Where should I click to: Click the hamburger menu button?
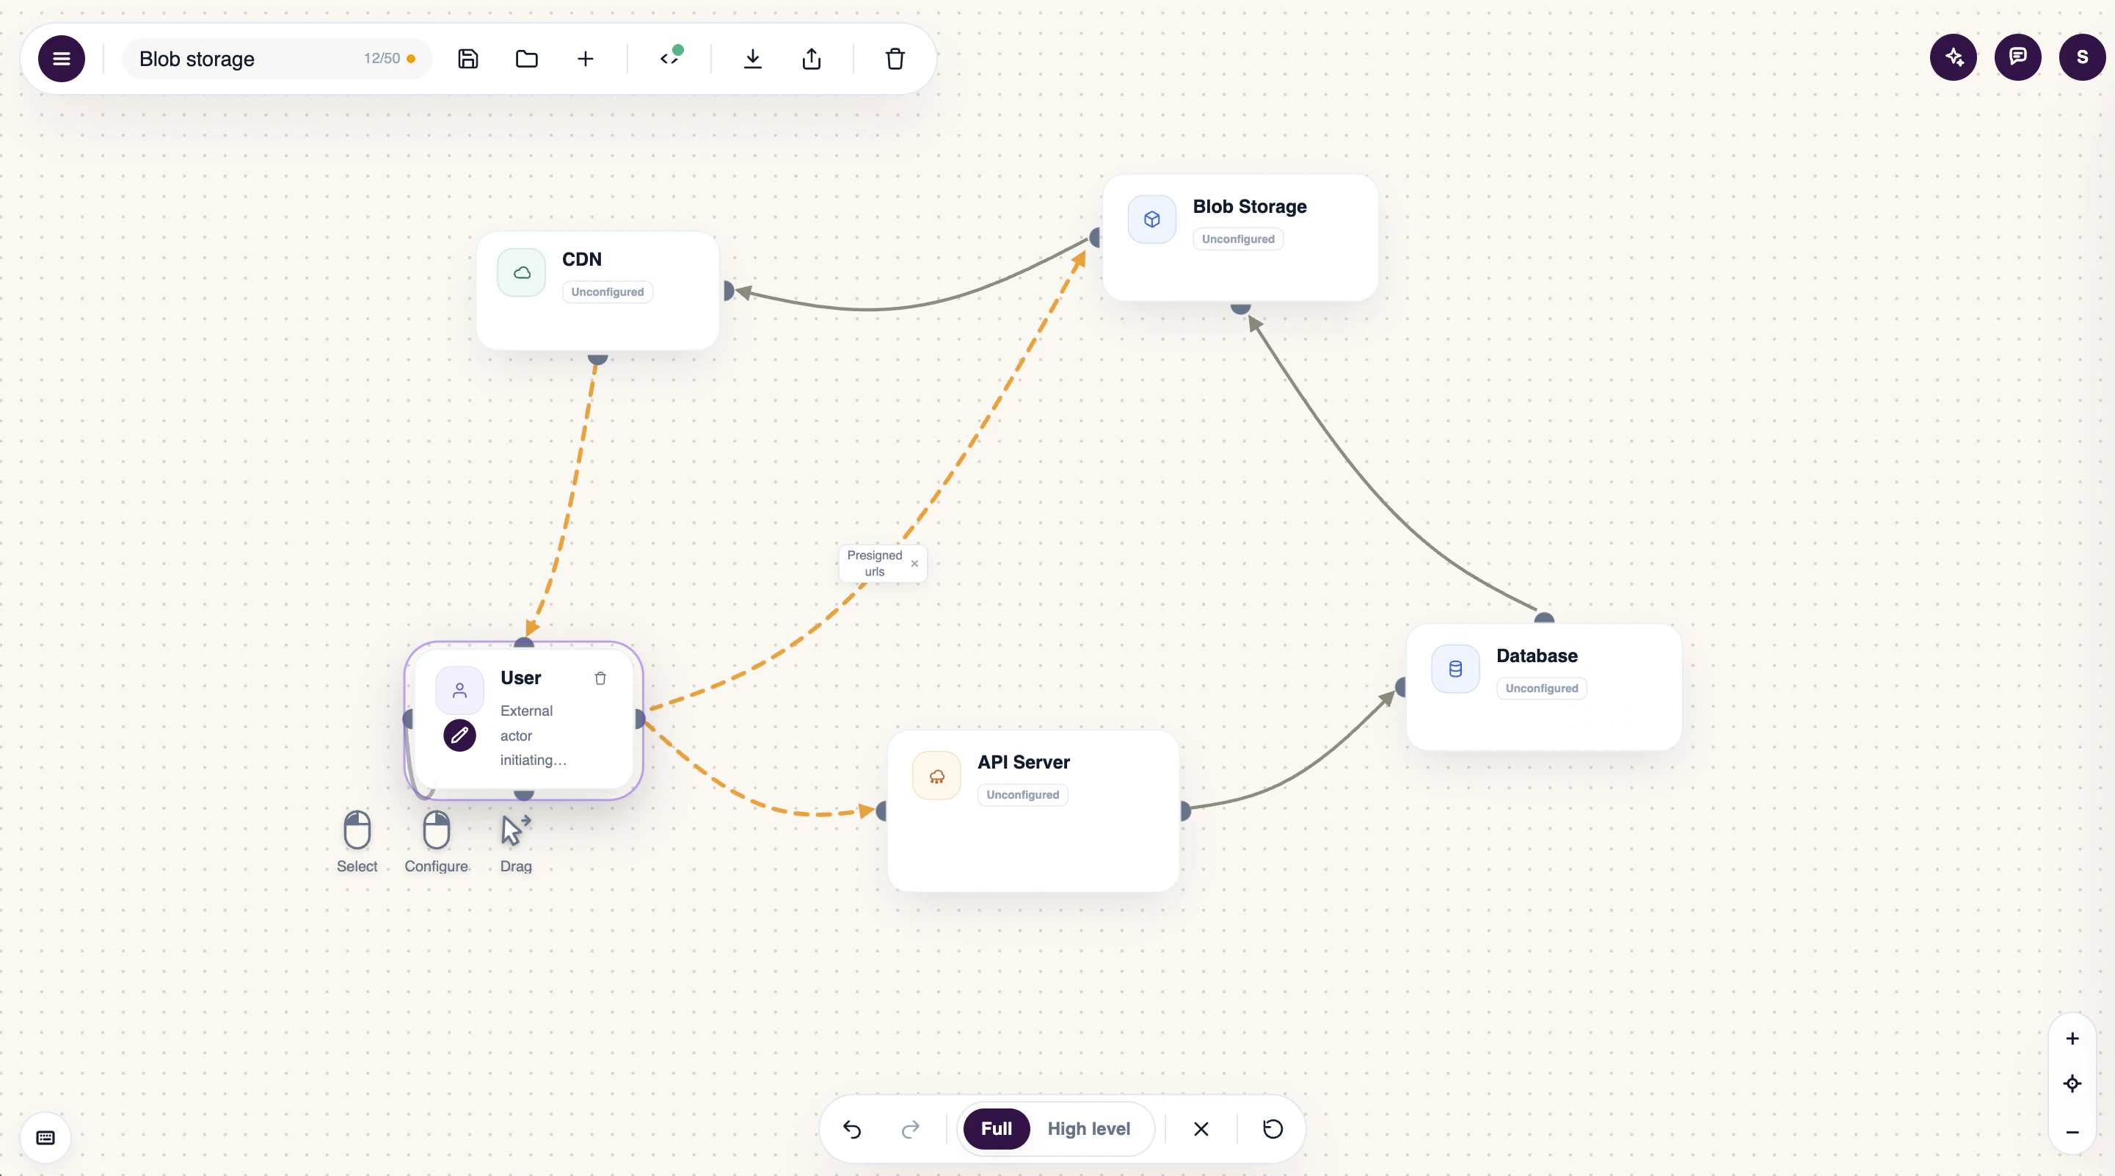[x=62, y=58]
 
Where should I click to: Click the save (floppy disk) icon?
[x=468, y=58]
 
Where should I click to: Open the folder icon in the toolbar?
[x=526, y=58]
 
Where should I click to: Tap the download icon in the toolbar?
[x=752, y=58]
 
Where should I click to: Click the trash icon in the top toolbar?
[x=895, y=58]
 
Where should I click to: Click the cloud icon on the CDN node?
[x=521, y=272]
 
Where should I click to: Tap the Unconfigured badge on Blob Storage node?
[x=1238, y=239]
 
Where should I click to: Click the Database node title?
[x=1537, y=656]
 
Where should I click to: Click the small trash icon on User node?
[x=600, y=678]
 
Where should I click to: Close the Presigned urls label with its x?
[x=914, y=563]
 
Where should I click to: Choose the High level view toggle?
[x=1089, y=1128]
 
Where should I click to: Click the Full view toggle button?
[x=996, y=1128]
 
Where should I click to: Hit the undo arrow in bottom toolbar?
[x=852, y=1129]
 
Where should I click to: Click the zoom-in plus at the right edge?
[x=2072, y=1038]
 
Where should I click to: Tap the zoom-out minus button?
[x=2072, y=1132]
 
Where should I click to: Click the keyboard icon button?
[x=46, y=1137]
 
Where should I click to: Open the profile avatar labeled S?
[x=2082, y=57]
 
